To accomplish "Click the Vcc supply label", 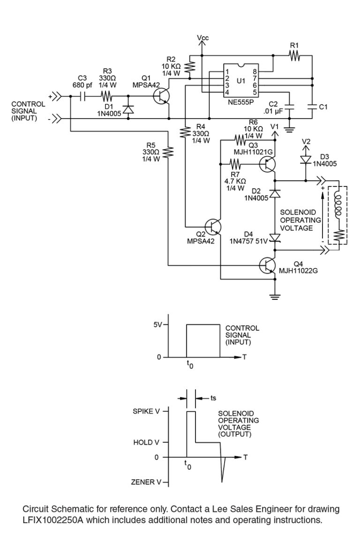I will pos(203,37).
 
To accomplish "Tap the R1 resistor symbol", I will pos(294,56).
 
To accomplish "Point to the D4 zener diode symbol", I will pos(275,239).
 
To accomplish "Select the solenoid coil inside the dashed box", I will pos(337,204).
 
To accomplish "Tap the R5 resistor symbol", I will pos(168,153).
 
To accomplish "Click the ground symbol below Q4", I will pos(275,296).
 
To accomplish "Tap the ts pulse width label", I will pos(213,397).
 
